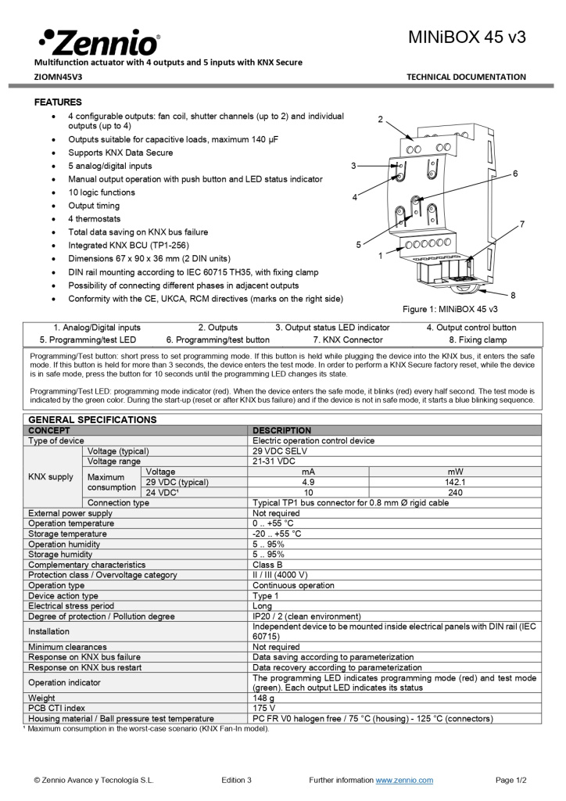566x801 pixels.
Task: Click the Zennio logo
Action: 99,41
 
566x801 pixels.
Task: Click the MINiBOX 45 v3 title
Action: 467,37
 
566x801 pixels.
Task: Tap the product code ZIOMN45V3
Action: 58,77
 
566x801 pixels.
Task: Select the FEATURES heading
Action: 58,102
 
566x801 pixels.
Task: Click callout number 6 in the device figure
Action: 515,174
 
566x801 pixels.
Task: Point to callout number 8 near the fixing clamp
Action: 513,295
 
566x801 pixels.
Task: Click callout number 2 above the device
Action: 380,120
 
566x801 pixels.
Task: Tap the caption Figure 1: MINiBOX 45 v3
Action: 450,310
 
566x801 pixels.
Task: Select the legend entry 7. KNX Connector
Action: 348,340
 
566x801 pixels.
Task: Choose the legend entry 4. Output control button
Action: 471,328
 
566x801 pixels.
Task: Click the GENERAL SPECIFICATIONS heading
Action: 92,420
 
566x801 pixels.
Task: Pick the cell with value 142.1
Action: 455,483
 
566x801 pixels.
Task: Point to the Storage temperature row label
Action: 67,533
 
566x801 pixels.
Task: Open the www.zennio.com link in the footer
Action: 404,780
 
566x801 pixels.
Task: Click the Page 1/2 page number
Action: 511,780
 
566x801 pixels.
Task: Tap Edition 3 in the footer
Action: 236,780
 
